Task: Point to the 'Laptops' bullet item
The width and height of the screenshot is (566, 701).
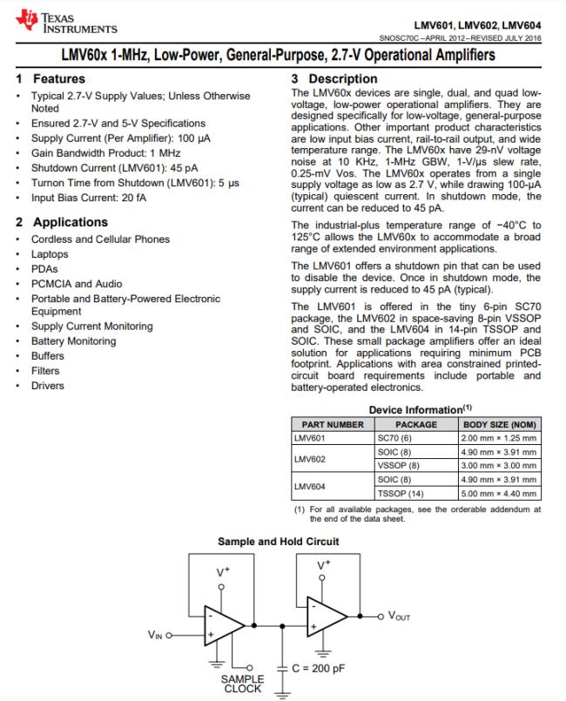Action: [50, 254]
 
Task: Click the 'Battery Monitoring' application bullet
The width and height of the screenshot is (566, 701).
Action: [73, 341]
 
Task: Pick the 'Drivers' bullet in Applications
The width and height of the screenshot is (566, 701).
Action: [48, 386]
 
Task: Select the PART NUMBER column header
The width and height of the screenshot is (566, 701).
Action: [332, 425]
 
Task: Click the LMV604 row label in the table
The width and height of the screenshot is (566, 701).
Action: [310, 487]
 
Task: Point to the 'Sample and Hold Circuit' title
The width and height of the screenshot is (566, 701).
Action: [279, 542]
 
